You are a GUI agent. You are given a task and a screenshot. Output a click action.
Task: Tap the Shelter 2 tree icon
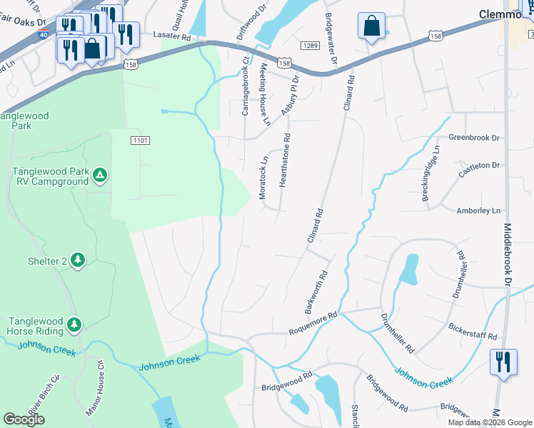coord(78,261)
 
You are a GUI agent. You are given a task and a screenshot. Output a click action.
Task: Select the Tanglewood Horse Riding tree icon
coord(74,326)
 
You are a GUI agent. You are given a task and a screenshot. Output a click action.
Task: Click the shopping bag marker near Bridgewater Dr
coord(371,27)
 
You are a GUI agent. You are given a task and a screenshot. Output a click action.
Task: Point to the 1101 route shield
coord(140,141)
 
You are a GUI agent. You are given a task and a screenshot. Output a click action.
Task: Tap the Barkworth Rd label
coord(316,292)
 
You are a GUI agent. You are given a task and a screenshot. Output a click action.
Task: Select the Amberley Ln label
coord(478,210)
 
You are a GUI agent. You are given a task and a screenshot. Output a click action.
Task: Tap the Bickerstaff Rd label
coord(472,331)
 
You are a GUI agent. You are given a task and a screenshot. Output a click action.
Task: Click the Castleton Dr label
coord(480,165)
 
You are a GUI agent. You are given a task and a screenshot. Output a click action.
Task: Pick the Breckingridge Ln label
coord(432,173)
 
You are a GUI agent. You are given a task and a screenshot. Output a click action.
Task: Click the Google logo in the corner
coord(24,419)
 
